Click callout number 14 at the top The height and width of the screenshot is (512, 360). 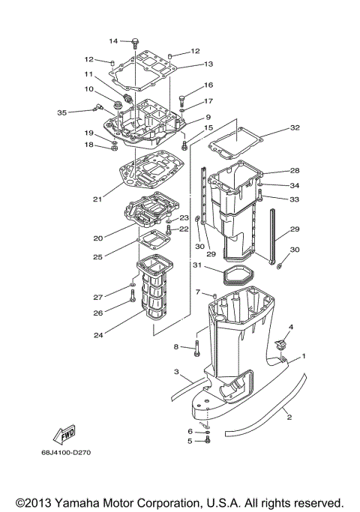click(113, 40)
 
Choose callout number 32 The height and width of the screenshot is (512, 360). click(295, 128)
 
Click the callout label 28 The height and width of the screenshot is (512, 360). click(295, 171)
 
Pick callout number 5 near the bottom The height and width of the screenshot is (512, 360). click(190, 441)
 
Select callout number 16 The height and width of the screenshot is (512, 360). click(208, 85)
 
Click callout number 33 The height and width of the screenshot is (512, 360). click(295, 199)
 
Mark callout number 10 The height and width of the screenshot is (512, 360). click(88, 89)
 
